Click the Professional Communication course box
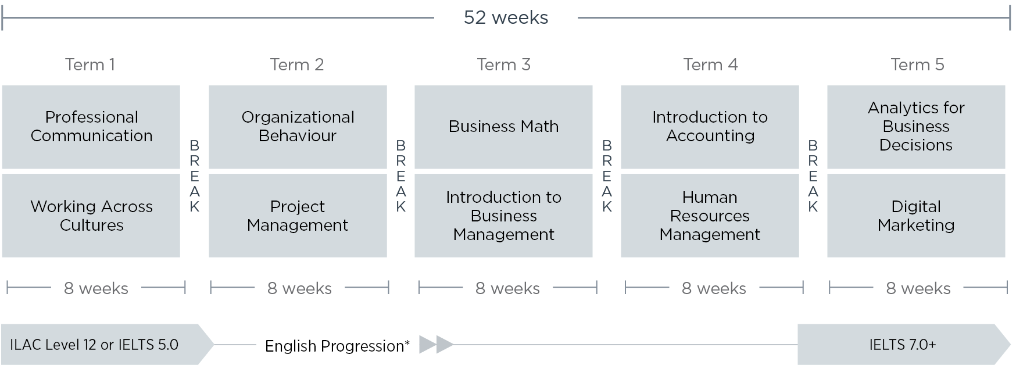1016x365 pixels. (x=91, y=127)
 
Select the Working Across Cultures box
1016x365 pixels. (x=91, y=216)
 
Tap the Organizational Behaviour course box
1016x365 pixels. (x=298, y=127)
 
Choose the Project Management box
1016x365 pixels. (x=298, y=216)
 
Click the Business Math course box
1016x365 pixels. (x=503, y=127)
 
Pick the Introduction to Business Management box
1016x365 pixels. (x=503, y=216)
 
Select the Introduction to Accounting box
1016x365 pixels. (x=710, y=127)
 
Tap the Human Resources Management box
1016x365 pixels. (x=710, y=216)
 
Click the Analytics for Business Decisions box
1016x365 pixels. (x=916, y=127)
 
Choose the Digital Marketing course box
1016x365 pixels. (x=916, y=216)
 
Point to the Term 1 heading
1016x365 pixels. (x=90, y=65)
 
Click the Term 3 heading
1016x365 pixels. (x=503, y=65)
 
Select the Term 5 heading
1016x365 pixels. (x=917, y=65)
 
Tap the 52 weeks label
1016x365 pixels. (x=506, y=17)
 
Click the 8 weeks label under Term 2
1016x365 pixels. (x=299, y=288)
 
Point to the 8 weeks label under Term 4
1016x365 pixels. (x=714, y=288)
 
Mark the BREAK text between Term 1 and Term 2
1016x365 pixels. (x=195, y=176)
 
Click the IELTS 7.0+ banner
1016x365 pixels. (x=903, y=345)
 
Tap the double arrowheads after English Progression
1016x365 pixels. (x=436, y=345)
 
